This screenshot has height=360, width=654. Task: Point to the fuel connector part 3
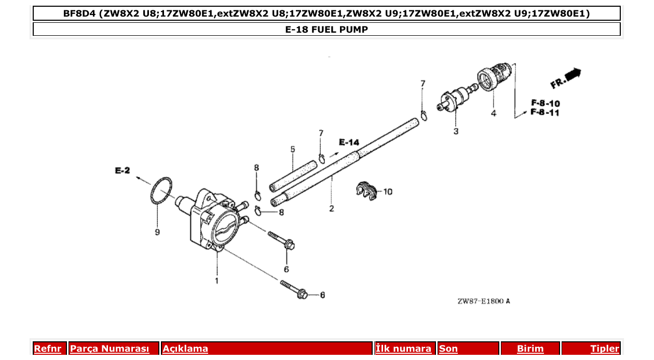(x=454, y=99)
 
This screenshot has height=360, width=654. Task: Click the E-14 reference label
(x=349, y=142)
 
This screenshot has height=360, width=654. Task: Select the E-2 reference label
(x=122, y=170)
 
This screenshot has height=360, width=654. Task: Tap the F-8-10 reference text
(x=545, y=103)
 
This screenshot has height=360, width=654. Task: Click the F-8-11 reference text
(x=545, y=113)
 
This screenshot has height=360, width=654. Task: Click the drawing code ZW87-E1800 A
(x=483, y=301)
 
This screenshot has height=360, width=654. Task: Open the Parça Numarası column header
(x=110, y=349)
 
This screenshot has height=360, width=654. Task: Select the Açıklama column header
(x=185, y=349)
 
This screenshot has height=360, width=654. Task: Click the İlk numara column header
(x=403, y=349)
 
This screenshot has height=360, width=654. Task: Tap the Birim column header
(x=530, y=349)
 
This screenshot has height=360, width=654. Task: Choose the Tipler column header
(x=604, y=349)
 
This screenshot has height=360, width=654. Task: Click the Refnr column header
(x=47, y=349)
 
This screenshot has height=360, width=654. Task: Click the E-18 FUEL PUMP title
(x=326, y=30)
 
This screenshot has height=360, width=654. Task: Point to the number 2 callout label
(x=331, y=209)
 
